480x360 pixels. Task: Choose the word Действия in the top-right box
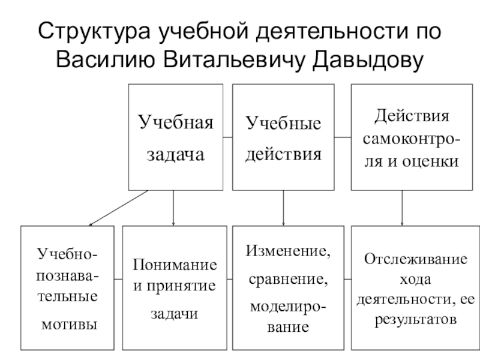coord(411,115)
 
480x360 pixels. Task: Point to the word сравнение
coord(282,280)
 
